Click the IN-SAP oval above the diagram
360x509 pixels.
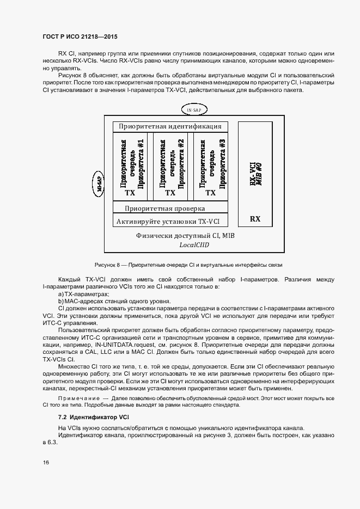click(194, 110)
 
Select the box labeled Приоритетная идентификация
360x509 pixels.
click(170, 126)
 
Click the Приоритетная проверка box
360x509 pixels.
click(170, 208)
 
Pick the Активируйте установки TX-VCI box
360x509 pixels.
click(170, 221)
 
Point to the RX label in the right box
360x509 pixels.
click(255, 219)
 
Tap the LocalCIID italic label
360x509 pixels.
click(194, 245)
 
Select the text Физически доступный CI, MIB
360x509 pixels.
click(185, 236)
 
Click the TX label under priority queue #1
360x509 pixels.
click(130, 193)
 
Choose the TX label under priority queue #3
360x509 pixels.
click(210, 193)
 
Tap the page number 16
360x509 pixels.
click(46, 462)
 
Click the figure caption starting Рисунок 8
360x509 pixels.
click(188, 264)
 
